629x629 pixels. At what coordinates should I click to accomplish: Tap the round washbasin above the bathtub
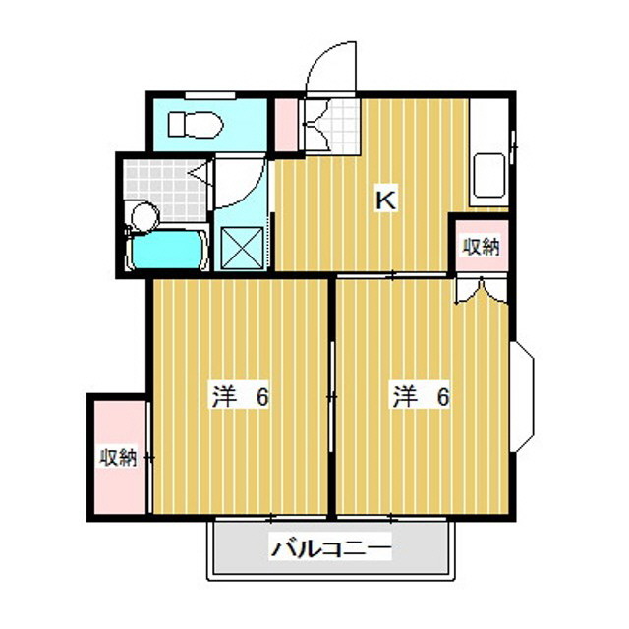(x=143, y=215)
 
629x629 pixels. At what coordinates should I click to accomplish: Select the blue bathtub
(x=169, y=251)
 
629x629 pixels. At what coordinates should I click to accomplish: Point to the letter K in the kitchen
(x=387, y=200)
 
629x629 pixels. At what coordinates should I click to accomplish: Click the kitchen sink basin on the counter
(x=488, y=175)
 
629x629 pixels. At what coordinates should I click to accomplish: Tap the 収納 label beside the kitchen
(x=481, y=247)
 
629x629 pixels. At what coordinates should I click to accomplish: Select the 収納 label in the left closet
(x=117, y=458)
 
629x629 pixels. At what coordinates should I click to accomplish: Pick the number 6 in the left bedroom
(x=262, y=397)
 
